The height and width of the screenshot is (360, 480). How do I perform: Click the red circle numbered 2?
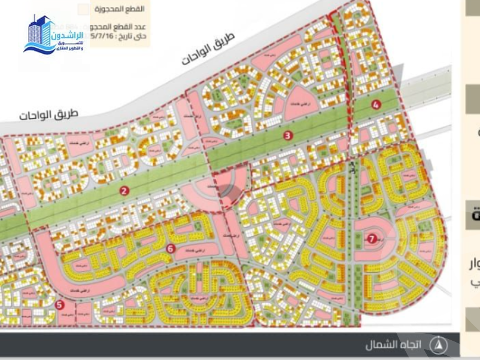[124, 191]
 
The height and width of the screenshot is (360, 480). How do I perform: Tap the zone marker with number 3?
[288, 136]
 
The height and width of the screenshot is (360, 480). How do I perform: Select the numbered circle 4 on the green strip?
[376, 105]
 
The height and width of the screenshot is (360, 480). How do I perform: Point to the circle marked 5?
[59, 305]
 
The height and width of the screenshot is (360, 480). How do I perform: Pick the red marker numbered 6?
[171, 248]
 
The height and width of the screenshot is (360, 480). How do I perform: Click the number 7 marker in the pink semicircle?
[372, 238]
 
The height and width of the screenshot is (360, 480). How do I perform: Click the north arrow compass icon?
[440, 345]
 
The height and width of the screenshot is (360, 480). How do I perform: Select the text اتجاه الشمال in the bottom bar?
[394, 346]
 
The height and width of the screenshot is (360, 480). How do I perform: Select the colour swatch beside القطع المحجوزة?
[84, 10]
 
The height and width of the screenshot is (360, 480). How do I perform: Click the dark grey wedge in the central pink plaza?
[228, 190]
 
